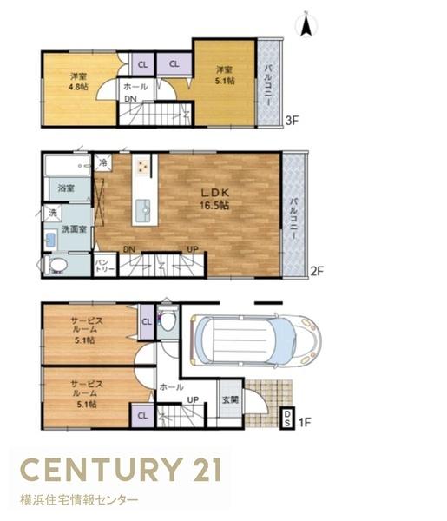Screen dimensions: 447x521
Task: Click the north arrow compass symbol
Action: [306, 24]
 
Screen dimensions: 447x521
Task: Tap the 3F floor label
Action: [292, 121]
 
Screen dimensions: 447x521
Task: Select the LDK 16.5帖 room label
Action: [214, 199]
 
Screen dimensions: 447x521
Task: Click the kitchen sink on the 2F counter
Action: [144, 211]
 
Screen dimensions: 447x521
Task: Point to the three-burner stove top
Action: [143, 166]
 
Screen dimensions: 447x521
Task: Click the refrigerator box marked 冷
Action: [103, 162]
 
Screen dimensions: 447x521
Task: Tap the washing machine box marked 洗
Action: [53, 213]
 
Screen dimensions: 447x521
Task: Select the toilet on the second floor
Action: [56, 265]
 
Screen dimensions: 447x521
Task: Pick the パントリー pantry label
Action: [105, 266]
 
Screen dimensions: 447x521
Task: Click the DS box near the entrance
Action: [287, 418]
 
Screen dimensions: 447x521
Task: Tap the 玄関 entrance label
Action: [231, 399]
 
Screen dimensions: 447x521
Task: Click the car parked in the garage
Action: [255, 341]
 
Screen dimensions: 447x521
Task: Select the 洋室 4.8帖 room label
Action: [79, 82]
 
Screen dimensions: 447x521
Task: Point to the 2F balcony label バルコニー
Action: [293, 219]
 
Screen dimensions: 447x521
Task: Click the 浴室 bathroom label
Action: [66, 188]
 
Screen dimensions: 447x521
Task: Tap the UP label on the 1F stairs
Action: [193, 400]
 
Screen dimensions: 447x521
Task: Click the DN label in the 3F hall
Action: [130, 99]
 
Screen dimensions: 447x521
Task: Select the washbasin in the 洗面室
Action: [50, 240]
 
